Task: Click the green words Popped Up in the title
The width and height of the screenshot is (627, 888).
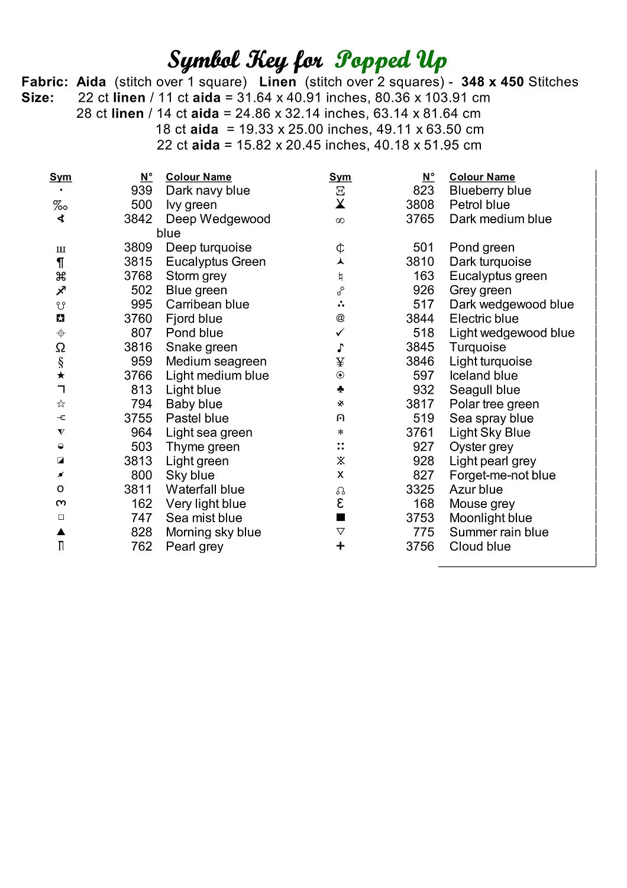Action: coord(391,60)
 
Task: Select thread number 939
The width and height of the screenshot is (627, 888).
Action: coord(141,191)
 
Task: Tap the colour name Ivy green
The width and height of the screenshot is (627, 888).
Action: coord(191,205)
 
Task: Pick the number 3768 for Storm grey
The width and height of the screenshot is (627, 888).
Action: coord(138,276)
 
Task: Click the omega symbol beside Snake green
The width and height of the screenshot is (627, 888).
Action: coord(60,348)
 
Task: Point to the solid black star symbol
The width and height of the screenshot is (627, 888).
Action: coord(60,375)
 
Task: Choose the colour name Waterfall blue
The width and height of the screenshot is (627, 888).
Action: coord(205,490)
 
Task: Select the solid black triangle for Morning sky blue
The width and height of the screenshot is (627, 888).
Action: coord(60,532)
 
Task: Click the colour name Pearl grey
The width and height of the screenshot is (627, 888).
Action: coord(195,546)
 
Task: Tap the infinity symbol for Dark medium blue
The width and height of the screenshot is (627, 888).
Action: coord(340,220)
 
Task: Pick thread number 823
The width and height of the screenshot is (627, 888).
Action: coord(424,191)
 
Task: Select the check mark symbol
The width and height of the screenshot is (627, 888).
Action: coord(340,333)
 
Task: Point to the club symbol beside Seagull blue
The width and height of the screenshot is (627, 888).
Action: coord(340,390)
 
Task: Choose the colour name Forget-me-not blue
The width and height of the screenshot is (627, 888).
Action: coord(502,475)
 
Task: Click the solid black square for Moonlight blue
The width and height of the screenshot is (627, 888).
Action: coord(340,517)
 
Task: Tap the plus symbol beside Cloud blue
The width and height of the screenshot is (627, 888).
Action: coord(340,546)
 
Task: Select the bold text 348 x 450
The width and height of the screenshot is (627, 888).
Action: coord(492,82)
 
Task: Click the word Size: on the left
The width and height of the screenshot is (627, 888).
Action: coord(38,98)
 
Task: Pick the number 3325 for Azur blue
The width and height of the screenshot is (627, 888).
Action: coord(420,490)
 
